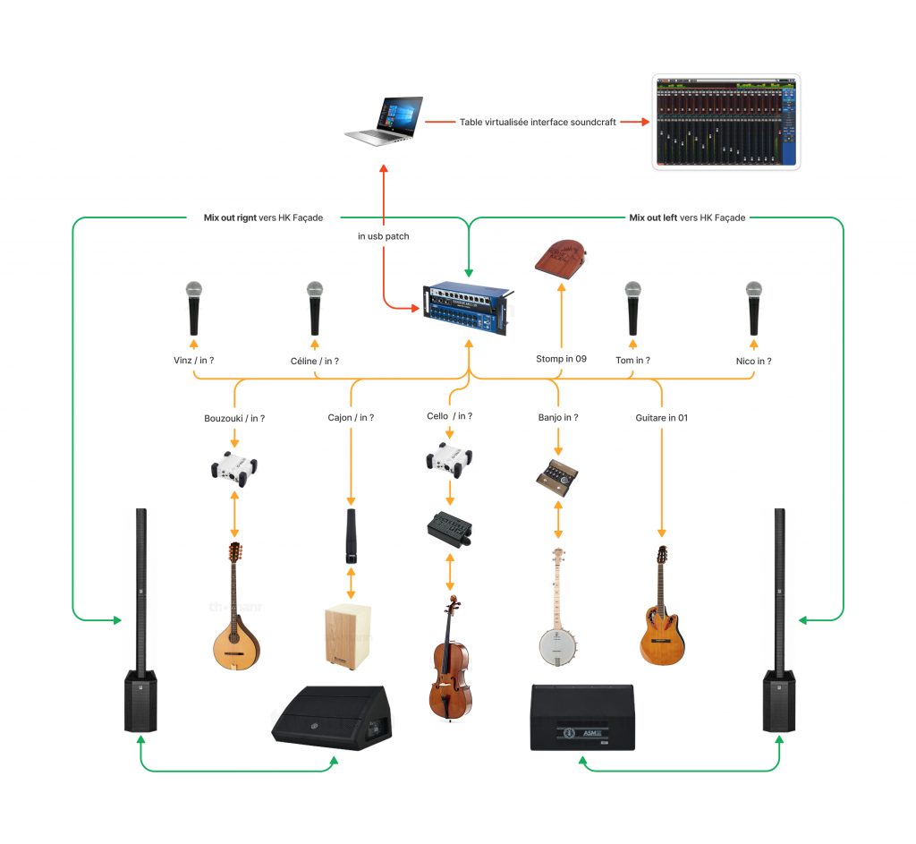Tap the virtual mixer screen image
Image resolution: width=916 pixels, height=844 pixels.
tap(725, 123)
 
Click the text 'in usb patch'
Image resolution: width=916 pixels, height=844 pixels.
tap(384, 237)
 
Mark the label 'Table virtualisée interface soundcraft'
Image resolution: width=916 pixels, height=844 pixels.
tap(538, 122)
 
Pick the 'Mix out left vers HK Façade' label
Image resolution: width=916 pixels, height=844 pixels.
tap(687, 217)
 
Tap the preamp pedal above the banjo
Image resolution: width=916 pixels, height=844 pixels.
tap(559, 473)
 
